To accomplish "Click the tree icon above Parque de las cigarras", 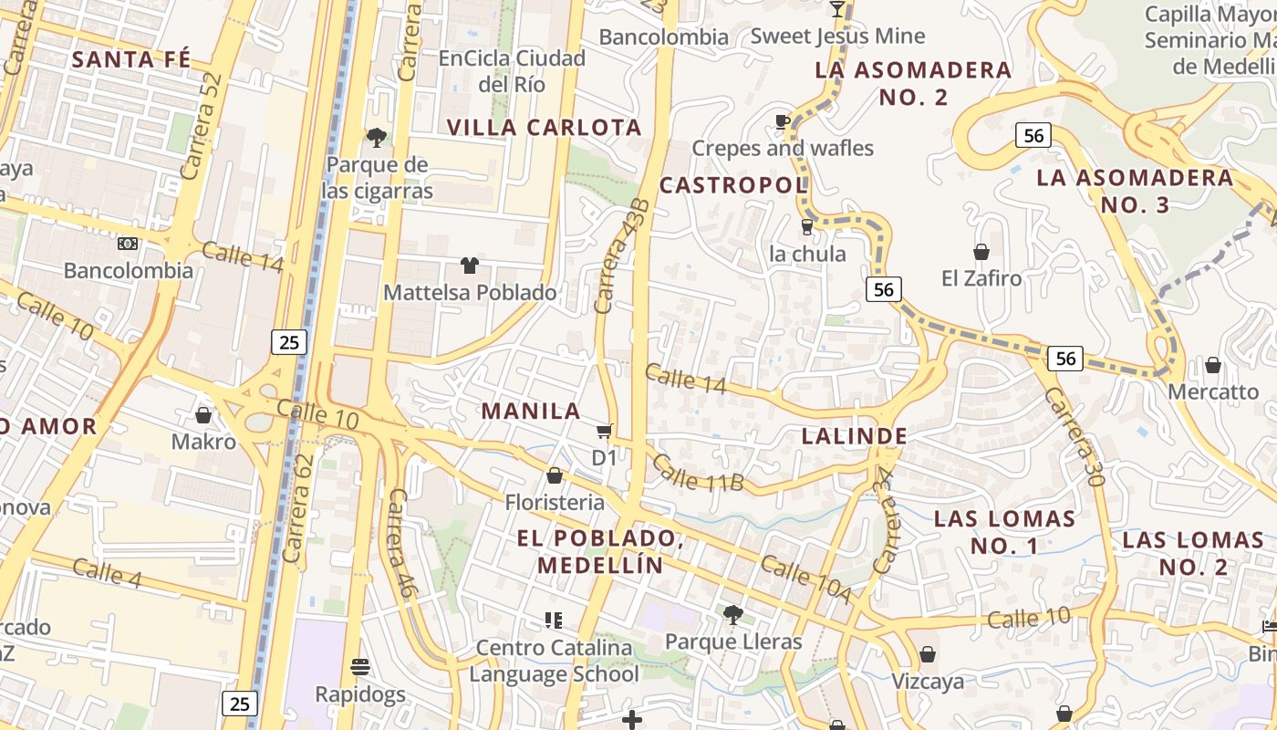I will pos(376,138).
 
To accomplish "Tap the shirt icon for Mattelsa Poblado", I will pos(469,266).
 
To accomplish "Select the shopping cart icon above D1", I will pos(604,431).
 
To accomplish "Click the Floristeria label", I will pos(555,502).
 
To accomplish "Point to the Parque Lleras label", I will pos(732,641).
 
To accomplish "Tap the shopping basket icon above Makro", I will pos(203,415).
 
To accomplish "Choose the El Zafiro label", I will pos(981,277).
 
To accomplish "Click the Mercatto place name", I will pos(1213,392).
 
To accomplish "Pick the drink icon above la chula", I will pos(806,226).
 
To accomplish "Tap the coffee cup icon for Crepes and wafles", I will pos(782,121).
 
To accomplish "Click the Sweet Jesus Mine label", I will pos(837,36).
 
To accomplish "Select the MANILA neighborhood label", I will pos(531,412).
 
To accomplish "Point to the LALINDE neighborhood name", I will pos(854,436).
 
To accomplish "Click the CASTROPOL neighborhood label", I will pos(733,185).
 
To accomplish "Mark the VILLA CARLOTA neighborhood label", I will pos(545,127).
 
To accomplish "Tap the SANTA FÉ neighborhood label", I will pos(131,60).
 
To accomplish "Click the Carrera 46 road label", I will pos(402,543).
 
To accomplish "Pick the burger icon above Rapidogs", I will pos(360,666).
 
